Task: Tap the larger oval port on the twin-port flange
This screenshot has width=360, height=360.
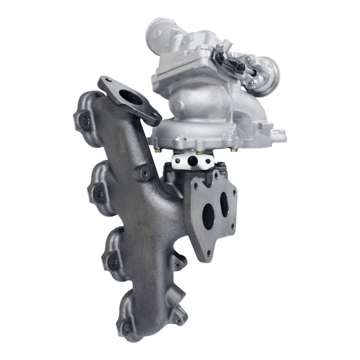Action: (x=208, y=217)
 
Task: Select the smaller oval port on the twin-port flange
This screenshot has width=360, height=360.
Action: (x=224, y=204)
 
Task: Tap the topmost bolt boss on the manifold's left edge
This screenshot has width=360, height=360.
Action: (x=83, y=122)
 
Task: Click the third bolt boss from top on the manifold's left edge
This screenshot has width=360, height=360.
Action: (x=111, y=262)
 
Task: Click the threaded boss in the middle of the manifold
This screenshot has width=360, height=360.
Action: (x=143, y=174)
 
